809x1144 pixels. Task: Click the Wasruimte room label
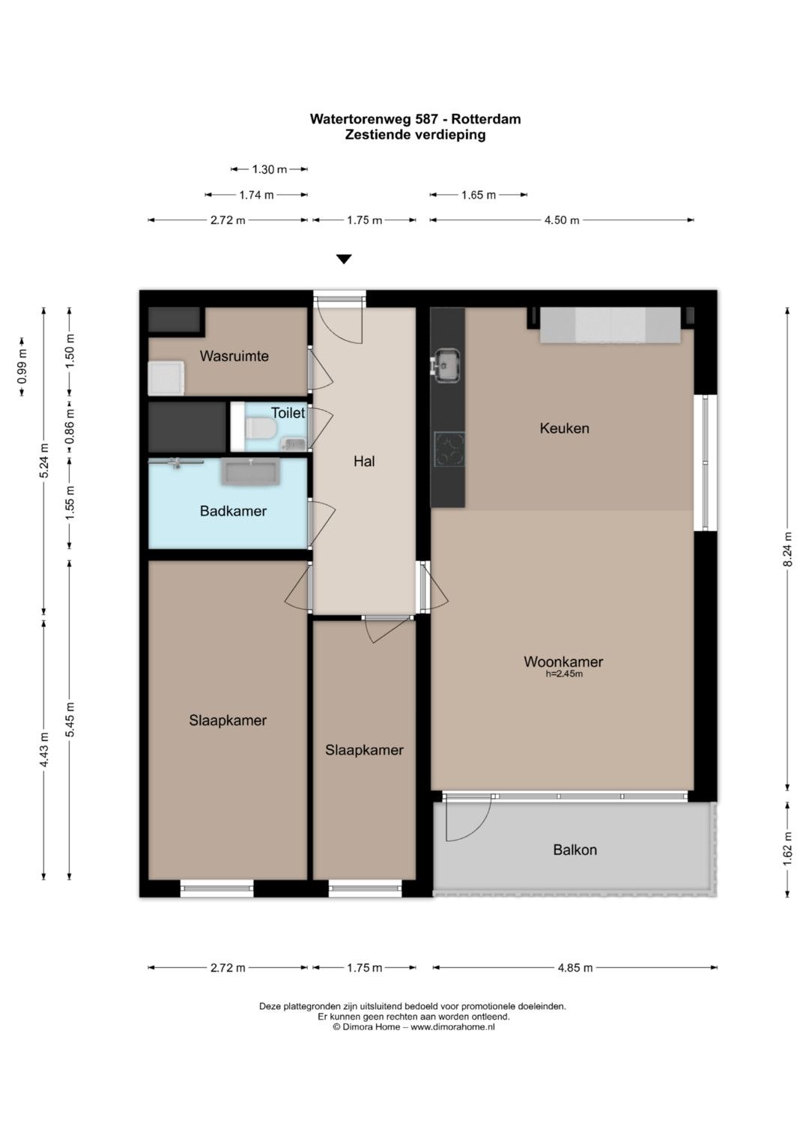point(234,356)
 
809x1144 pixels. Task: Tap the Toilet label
point(288,413)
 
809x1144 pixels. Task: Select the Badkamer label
point(233,511)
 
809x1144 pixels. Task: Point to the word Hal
point(364,461)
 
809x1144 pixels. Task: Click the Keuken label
point(564,428)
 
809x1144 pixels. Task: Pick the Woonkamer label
point(563,662)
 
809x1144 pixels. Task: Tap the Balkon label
point(575,850)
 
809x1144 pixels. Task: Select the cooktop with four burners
point(449,449)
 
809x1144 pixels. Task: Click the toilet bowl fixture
point(260,428)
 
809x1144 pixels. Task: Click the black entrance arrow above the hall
point(345,259)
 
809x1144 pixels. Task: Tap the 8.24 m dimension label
point(788,549)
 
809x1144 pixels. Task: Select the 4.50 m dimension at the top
point(562,220)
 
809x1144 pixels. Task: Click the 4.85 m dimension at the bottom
point(575,967)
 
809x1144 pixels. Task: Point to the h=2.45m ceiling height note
point(564,674)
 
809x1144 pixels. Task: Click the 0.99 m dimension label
point(22,366)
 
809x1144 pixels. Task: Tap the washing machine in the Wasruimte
point(166,378)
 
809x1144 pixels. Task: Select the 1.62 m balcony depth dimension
point(788,850)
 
